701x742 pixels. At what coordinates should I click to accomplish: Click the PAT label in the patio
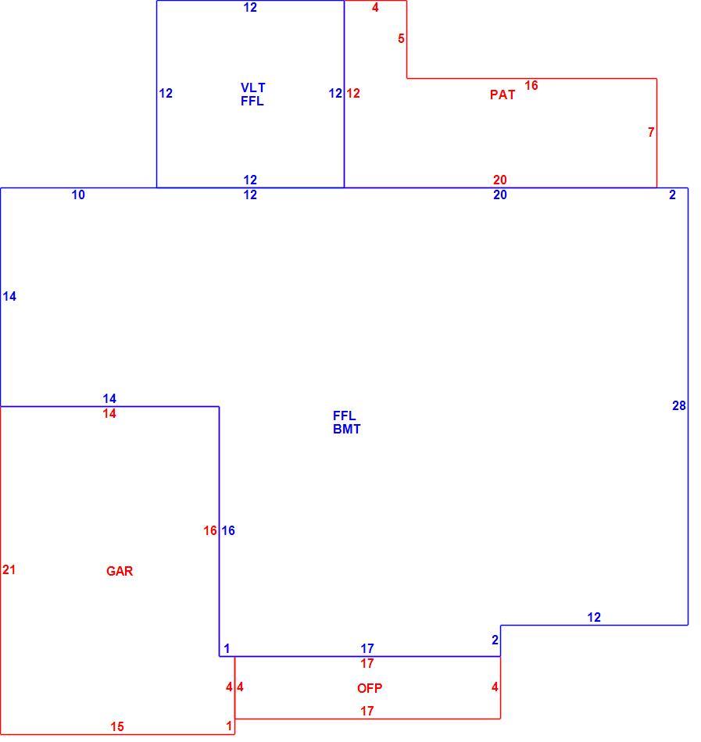click(x=503, y=95)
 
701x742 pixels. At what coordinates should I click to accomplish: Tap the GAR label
click(x=120, y=571)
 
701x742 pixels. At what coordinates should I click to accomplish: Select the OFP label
click(x=369, y=688)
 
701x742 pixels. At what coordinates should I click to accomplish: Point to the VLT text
click(x=252, y=87)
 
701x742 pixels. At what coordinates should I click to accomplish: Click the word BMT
click(x=346, y=430)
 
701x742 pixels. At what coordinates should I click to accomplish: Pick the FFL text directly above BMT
click(x=344, y=416)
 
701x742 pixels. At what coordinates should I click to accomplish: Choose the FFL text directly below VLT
click(x=252, y=101)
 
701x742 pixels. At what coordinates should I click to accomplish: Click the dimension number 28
click(x=679, y=405)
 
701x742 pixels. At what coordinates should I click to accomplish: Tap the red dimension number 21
click(x=9, y=569)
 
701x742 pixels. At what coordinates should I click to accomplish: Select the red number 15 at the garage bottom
click(x=117, y=726)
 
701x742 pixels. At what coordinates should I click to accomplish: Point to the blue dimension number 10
click(x=78, y=194)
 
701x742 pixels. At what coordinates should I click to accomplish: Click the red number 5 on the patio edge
click(x=401, y=38)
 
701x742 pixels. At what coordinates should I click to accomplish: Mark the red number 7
click(x=651, y=132)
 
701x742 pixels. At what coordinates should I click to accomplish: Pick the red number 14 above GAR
click(x=109, y=414)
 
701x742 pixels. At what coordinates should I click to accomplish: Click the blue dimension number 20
click(x=500, y=194)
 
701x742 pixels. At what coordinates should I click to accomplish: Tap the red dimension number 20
click(x=500, y=180)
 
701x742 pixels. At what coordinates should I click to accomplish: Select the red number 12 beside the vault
click(x=353, y=93)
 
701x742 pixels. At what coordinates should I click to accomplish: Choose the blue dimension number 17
click(x=367, y=647)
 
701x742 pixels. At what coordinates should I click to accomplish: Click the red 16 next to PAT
click(x=531, y=85)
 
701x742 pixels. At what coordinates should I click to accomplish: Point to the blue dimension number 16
click(x=228, y=530)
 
